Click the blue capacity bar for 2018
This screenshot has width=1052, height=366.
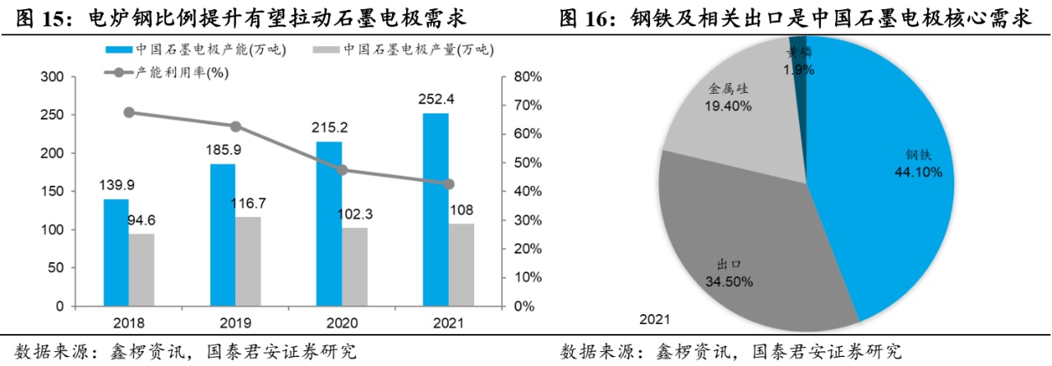[x=116, y=252]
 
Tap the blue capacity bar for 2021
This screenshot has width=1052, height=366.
[x=436, y=210]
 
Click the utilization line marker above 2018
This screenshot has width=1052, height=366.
[x=129, y=113]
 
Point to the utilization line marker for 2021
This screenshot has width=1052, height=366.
[x=449, y=184]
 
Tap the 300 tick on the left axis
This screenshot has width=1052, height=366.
[x=53, y=77]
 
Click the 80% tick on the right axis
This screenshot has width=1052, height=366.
[x=526, y=77]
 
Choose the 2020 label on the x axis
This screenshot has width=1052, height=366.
[x=342, y=322]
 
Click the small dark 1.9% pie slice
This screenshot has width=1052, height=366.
[x=798, y=49]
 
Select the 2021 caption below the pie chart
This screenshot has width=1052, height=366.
[x=655, y=319]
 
